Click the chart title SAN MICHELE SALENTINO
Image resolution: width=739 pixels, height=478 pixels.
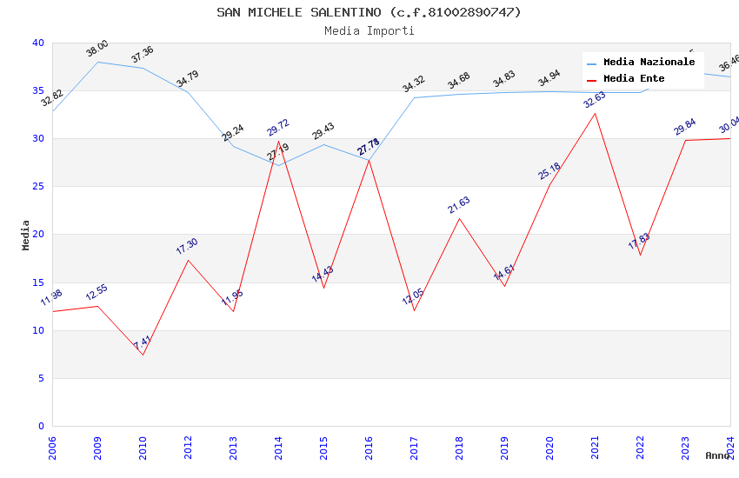click(x=369, y=12)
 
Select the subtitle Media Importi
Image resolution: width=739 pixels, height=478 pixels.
click(x=369, y=30)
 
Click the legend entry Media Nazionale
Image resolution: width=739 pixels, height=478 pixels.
click(x=649, y=63)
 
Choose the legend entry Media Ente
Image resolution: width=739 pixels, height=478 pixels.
click(x=634, y=78)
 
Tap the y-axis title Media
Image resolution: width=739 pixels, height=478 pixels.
click(x=26, y=235)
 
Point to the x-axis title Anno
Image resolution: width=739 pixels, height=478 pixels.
click(x=717, y=455)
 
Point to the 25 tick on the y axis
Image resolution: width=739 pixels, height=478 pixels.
click(x=38, y=187)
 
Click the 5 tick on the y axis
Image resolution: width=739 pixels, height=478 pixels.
click(x=41, y=378)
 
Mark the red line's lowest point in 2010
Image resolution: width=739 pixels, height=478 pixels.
click(x=143, y=355)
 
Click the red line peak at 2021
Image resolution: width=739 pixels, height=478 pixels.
click(x=595, y=113)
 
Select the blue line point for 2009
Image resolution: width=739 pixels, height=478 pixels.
click(x=97, y=62)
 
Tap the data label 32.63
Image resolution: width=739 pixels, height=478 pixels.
click(x=595, y=100)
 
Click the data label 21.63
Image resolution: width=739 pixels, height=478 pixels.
click(x=459, y=206)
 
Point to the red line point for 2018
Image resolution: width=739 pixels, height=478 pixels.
click(x=459, y=218)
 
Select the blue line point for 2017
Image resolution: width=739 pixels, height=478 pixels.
click(x=414, y=97)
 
